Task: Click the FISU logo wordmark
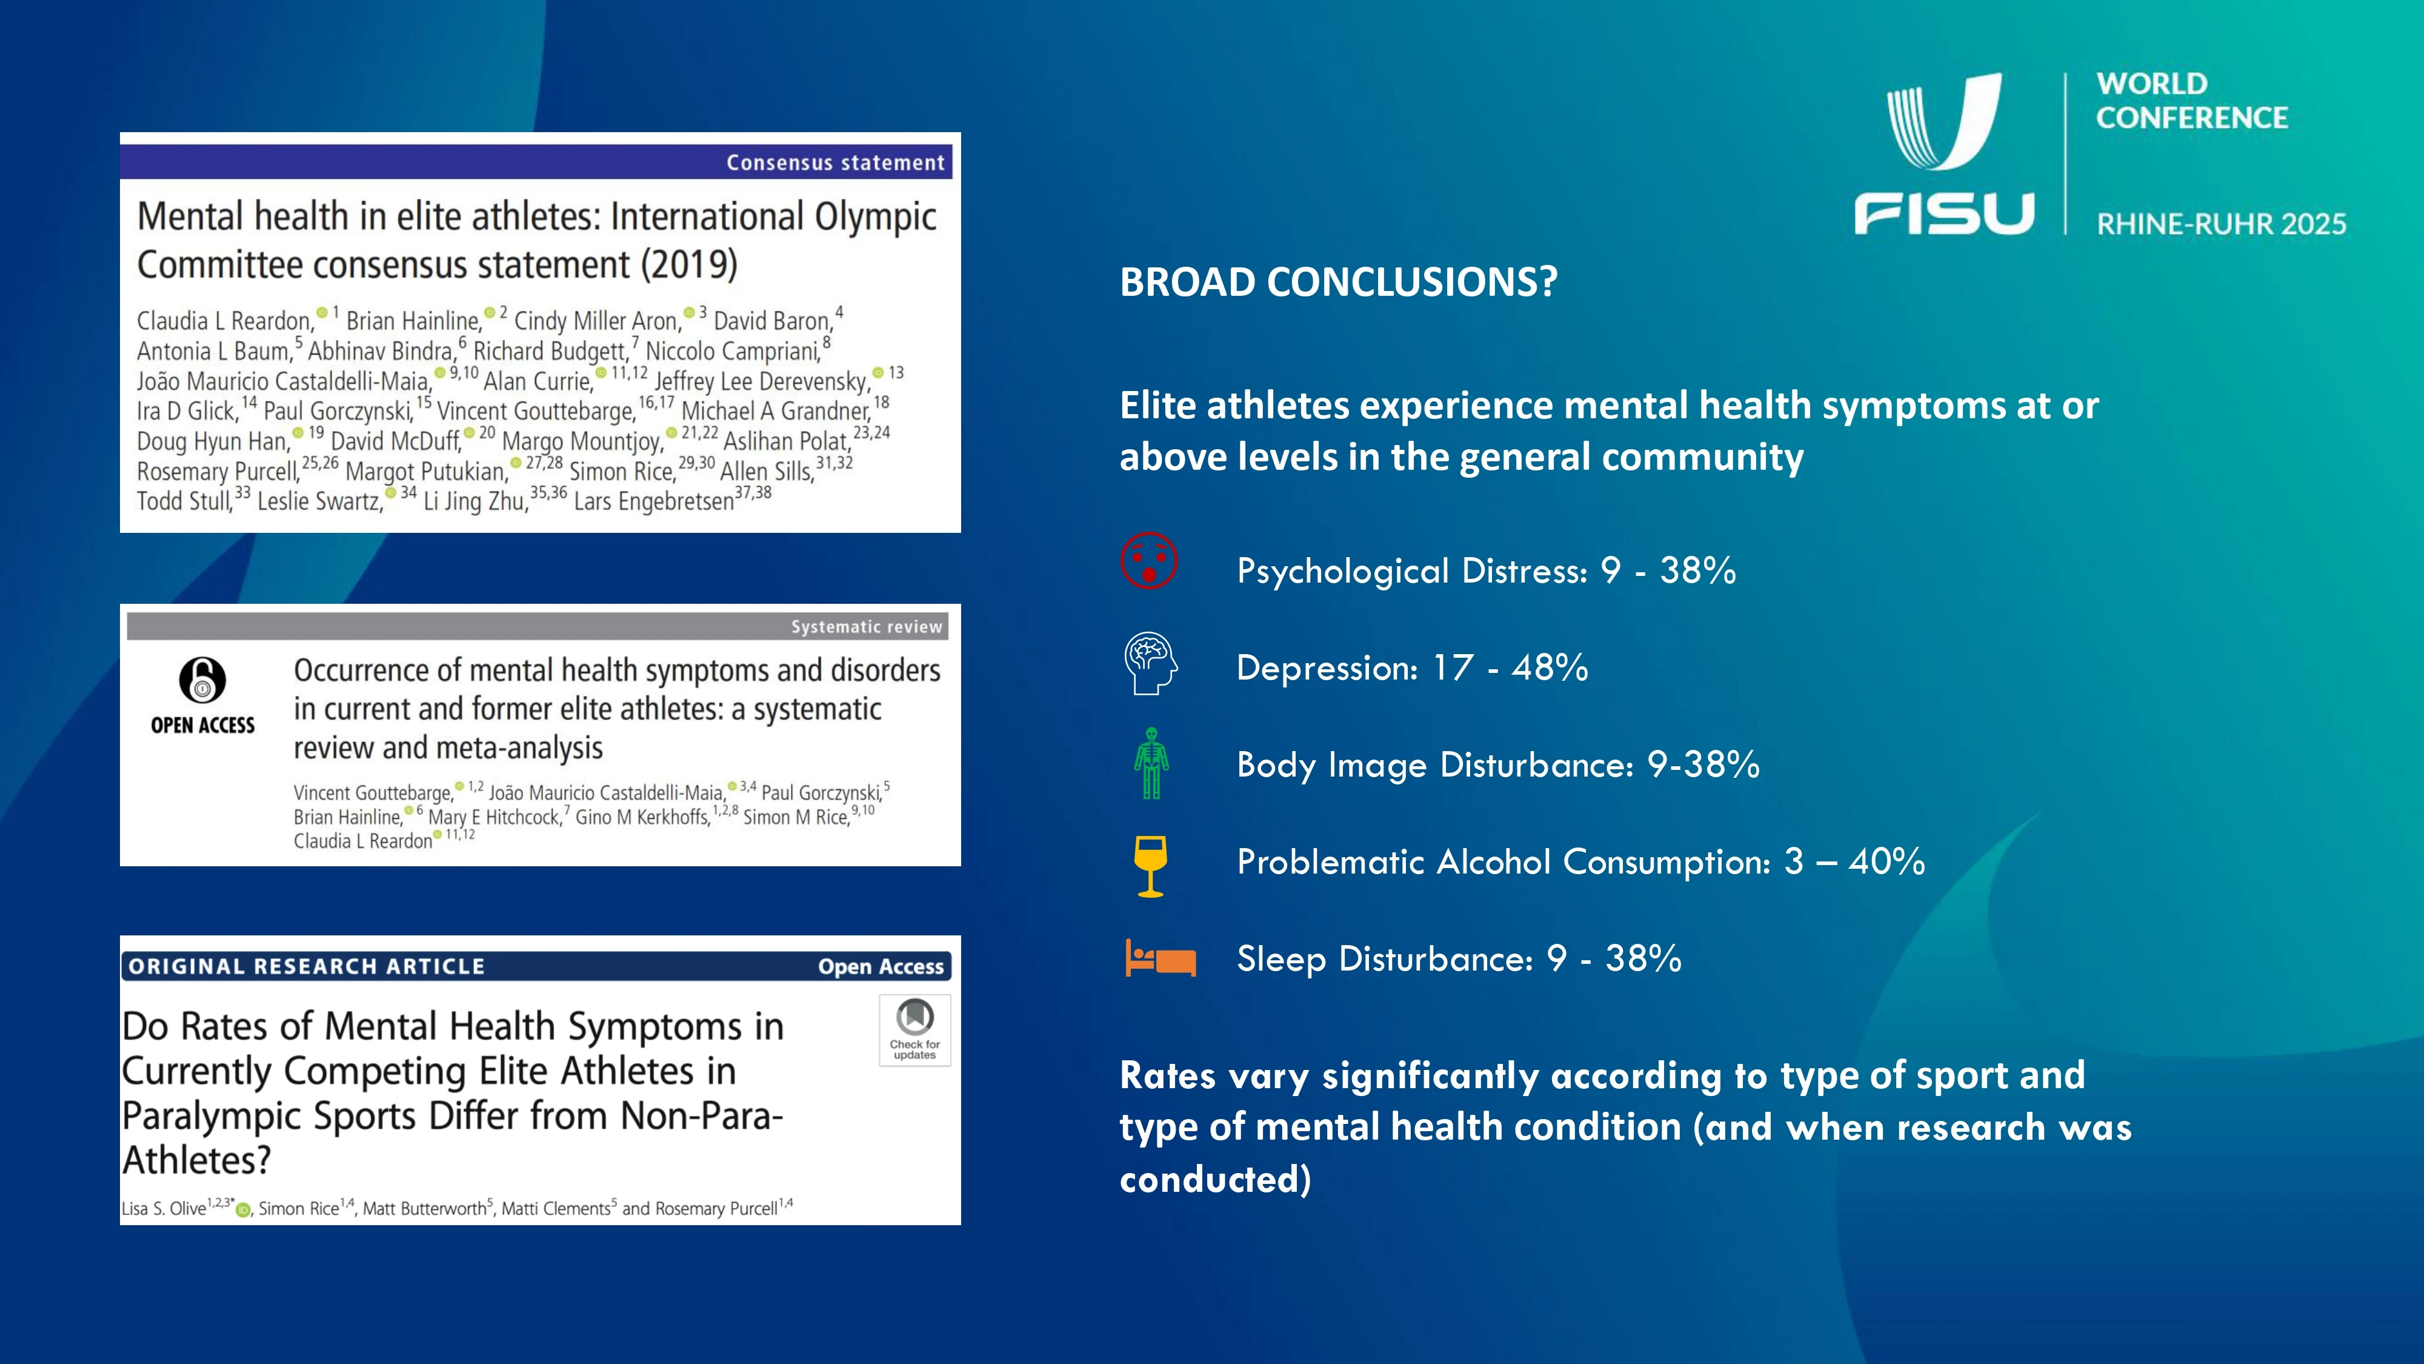(1944, 213)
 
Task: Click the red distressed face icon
(1149, 561)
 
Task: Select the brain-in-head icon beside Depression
(1150, 663)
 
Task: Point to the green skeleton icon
(1151, 763)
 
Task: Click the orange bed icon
(1160, 958)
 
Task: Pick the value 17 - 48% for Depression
(1510, 667)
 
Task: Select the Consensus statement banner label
(834, 163)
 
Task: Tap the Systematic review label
(866, 627)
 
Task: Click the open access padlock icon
(202, 680)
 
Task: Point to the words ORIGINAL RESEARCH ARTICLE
(307, 967)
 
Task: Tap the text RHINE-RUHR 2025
(2221, 224)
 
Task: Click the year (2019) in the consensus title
(689, 264)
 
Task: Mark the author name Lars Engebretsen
(654, 501)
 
